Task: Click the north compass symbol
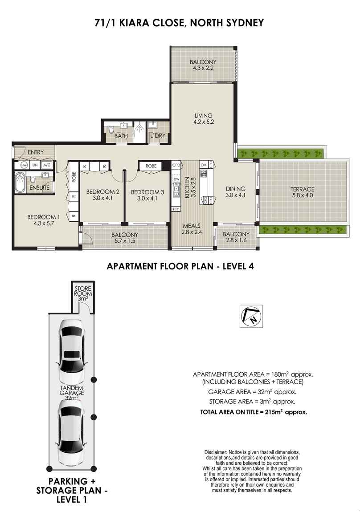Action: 251,316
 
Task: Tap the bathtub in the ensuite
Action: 20,183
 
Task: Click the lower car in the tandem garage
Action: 72,433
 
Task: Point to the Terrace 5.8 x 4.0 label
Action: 303,192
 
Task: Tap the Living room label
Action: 203,118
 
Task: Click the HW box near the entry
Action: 24,165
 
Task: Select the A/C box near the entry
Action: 47,165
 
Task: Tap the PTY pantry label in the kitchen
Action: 176,209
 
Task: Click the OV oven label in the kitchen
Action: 204,165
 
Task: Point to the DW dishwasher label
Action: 176,179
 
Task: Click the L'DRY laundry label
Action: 158,135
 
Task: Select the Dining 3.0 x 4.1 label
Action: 236,192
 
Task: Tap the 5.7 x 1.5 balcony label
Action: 124,238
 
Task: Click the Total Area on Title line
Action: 254,412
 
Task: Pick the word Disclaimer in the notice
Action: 215,452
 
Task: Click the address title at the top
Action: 179,23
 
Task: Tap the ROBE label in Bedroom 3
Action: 151,166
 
